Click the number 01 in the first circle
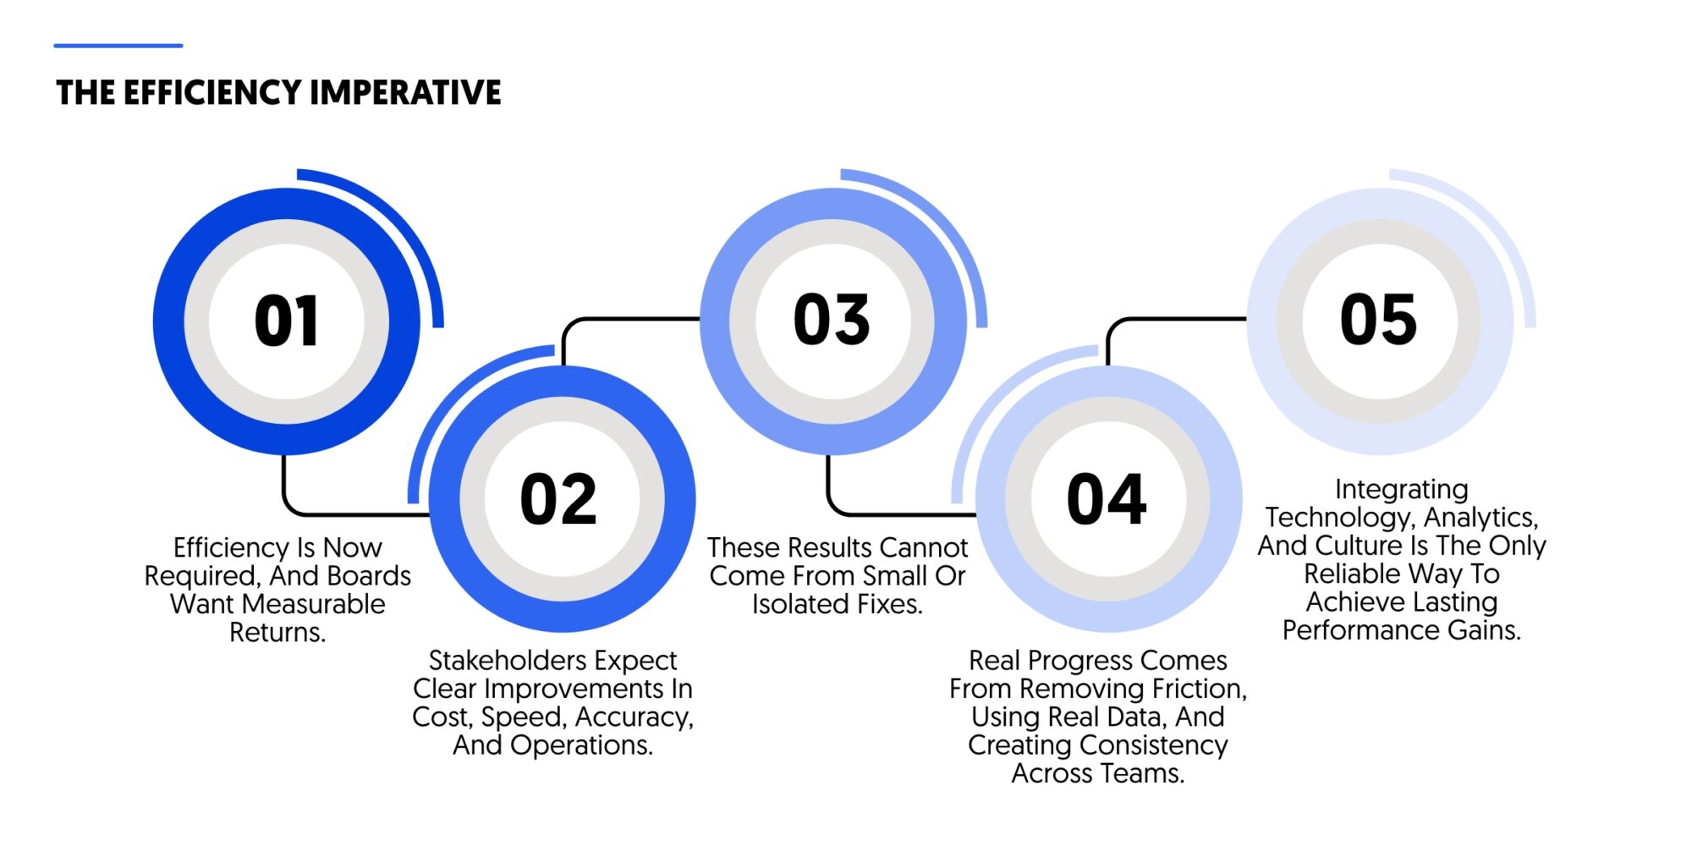(286, 321)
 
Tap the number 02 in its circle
(558, 499)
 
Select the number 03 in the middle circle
(832, 320)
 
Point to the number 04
(1107, 499)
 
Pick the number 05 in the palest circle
(1378, 320)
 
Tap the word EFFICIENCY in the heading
(212, 92)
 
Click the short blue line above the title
(118, 46)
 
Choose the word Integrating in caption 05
(1402, 489)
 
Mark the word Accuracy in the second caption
(634, 717)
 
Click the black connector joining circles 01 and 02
(338, 513)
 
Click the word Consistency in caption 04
(1151, 745)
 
